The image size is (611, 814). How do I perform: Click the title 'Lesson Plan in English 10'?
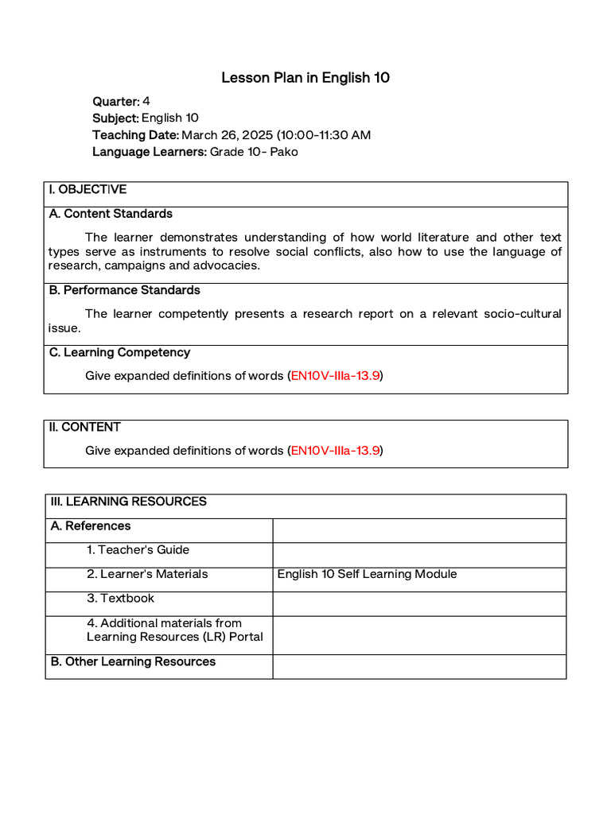pyautogui.click(x=305, y=78)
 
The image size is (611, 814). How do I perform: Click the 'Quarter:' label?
pyautogui.click(x=116, y=101)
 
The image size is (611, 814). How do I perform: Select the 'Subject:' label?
pyautogui.click(x=116, y=118)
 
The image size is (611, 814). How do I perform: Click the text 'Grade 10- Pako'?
pyautogui.click(x=254, y=152)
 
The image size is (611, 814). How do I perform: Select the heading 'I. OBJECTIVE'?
pyautogui.click(x=88, y=190)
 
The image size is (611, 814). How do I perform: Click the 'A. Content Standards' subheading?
pyautogui.click(x=111, y=214)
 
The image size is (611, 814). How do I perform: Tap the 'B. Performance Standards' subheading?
pyautogui.click(x=125, y=290)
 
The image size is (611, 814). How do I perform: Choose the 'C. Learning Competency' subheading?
pyautogui.click(x=119, y=352)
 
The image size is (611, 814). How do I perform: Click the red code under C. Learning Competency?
pyautogui.click(x=335, y=376)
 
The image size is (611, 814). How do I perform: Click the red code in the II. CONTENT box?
pyautogui.click(x=335, y=451)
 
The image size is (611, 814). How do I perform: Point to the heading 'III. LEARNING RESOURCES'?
pyautogui.click(x=128, y=502)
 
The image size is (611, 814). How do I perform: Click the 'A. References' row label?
pyautogui.click(x=91, y=526)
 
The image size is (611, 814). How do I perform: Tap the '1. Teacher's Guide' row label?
pyautogui.click(x=138, y=550)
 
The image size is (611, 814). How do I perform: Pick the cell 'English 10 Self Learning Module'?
pyautogui.click(x=367, y=574)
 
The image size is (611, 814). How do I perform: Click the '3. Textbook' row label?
pyautogui.click(x=121, y=599)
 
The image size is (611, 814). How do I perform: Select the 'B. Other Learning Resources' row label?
pyautogui.click(x=133, y=662)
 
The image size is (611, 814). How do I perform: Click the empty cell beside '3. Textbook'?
pyautogui.click(x=419, y=603)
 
